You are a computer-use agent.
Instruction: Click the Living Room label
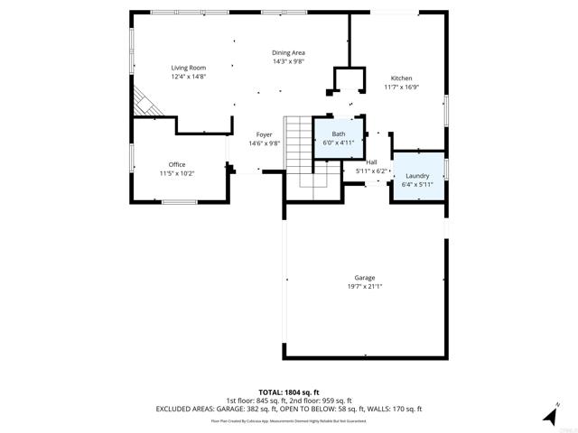click(190, 68)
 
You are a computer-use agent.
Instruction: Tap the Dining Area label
click(289, 53)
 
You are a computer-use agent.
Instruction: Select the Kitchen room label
click(401, 78)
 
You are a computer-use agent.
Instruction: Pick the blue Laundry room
click(417, 180)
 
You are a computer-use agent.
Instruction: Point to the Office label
click(177, 164)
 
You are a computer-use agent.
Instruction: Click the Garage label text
click(365, 278)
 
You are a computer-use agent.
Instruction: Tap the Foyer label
click(264, 134)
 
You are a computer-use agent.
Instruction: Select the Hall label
click(371, 161)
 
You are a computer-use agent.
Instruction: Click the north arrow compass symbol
click(549, 415)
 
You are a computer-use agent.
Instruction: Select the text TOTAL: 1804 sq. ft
click(288, 392)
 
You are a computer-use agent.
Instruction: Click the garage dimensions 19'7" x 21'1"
click(365, 287)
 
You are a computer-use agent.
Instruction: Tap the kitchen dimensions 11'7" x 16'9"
click(401, 88)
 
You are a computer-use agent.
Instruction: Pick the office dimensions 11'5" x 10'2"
click(177, 173)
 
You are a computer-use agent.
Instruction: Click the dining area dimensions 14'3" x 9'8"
click(289, 62)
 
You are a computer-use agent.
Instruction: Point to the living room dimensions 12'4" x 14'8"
click(190, 77)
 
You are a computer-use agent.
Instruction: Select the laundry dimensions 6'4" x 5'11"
click(417, 185)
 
